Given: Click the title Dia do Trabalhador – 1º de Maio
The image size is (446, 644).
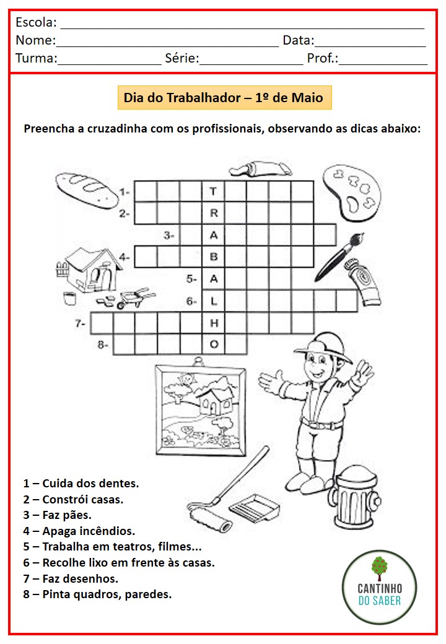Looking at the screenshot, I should click(x=224, y=98).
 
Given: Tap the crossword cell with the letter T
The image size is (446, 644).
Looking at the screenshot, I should click(x=214, y=191).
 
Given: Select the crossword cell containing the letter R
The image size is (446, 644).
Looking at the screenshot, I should click(x=214, y=213).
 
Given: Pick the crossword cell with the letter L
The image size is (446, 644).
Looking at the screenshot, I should click(x=214, y=301).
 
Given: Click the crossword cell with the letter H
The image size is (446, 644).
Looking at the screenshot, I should click(x=214, y=323).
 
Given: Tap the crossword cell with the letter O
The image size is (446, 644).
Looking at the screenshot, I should click(x=214, y=344).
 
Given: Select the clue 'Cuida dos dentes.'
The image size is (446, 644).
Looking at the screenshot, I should click(x=81, y=483).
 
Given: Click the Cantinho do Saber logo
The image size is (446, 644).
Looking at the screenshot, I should click(x=379, y=586).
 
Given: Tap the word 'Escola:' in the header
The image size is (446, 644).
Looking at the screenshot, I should click(x=36, y=23).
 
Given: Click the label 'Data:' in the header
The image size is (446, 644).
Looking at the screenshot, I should click(x=299, y=41).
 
